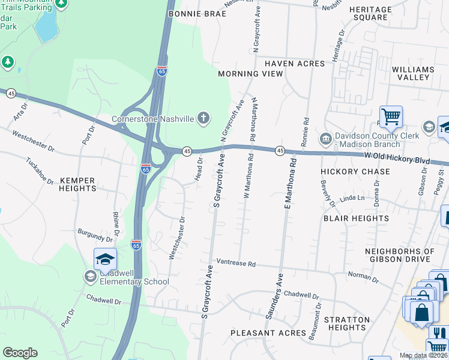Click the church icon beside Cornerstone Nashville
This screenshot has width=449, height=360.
(x=203, y=118)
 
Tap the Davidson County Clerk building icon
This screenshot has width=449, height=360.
(x=326, y=139)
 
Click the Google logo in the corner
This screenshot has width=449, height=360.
(x=20, y=353)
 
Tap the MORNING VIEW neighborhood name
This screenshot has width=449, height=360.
(x=250, y=74)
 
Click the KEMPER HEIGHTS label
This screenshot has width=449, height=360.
(x=77, y=184)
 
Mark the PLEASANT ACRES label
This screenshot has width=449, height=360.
(x=268, y=332)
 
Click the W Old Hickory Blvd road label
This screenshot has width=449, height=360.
(x=398, y=157)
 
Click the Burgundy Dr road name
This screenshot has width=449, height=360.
(x=95, y=235)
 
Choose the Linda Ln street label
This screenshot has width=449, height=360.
(x=352, y=198)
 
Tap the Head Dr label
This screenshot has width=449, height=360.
(x=199, y=169)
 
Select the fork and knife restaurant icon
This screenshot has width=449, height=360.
(x=440, y=332)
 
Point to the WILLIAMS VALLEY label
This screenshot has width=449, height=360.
(x=412, y=74)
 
